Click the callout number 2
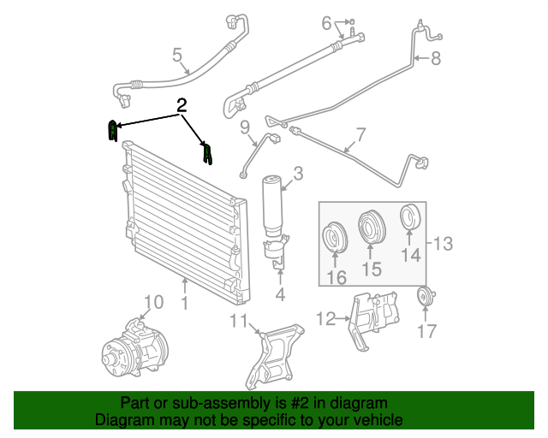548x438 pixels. click(181, 106)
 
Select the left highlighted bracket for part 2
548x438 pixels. click(111, 132)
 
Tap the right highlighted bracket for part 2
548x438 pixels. click(206, 154)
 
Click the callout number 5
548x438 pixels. click(178, 56)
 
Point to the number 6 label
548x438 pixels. click(326, 23)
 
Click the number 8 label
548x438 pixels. click(435, 59)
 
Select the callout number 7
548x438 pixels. click(360, 134)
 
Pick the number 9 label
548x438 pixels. click(245, 128)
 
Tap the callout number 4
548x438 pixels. click(279, 295)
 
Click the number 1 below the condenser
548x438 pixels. click(185, 304)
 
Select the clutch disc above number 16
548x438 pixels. click(334, 240)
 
